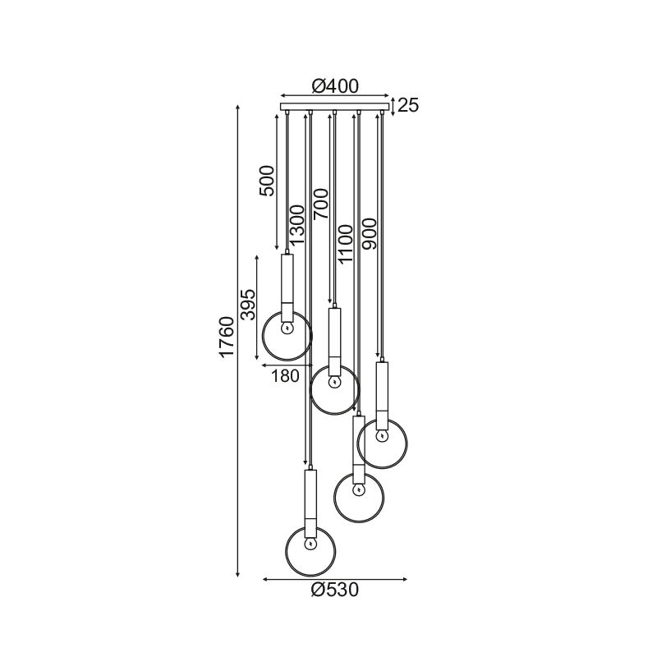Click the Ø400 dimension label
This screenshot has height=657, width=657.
click(335, 86)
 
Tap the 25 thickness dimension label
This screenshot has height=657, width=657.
click(408, 105)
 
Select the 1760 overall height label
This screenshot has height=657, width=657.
click(227, 338)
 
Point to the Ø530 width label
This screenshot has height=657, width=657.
click(335, 590)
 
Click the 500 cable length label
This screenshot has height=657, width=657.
click(267, 181)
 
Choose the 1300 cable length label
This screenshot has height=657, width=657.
click(296, 225)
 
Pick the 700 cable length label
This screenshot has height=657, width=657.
click(321, 204)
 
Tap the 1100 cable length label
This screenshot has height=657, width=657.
click(346, 244)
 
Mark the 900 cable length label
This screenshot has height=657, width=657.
click(370, 234)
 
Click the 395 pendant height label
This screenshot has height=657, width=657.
click(248, 305)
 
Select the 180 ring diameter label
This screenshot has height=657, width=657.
click(285, 376)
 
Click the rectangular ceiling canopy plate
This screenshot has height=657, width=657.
click(335, 107)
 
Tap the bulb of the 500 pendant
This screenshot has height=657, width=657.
click(287, 328)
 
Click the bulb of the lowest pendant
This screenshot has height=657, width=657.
click(310, 544)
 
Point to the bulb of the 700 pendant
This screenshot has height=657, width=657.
click(334, 382)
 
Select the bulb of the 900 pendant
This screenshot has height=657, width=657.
click(382, 436)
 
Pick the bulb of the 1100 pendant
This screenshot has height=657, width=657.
click(358, 489)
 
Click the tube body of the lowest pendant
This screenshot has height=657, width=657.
click(310, 503)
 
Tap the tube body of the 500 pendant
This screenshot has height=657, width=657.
click(287, 287)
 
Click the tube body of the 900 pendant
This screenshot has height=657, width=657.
click(382, 396)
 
